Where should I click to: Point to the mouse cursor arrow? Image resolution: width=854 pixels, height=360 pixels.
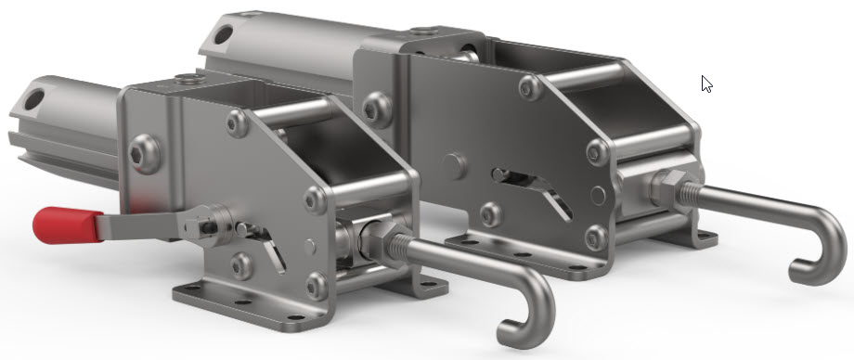pyautogui.click(x=706, y=84)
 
